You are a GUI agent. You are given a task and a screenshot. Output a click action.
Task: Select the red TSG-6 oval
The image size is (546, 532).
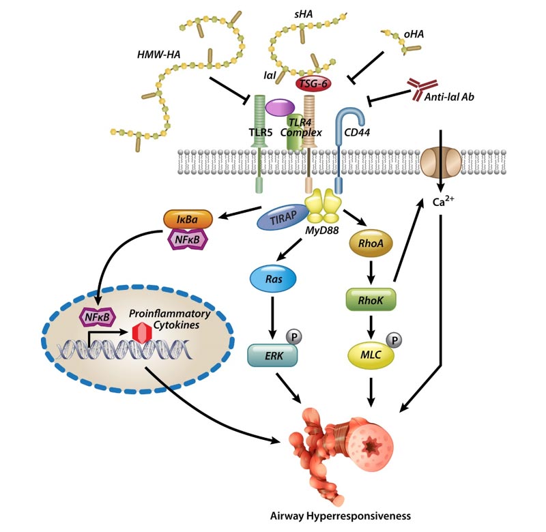click(312, 83)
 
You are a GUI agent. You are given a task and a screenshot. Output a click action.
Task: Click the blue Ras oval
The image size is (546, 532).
click(271, 280)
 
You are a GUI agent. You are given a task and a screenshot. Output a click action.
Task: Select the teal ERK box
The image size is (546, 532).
click(270, 353)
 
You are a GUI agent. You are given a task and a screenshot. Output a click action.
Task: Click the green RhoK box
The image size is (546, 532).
click(371, 299)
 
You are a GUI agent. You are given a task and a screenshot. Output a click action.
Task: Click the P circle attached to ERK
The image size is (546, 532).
click(295, 337)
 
